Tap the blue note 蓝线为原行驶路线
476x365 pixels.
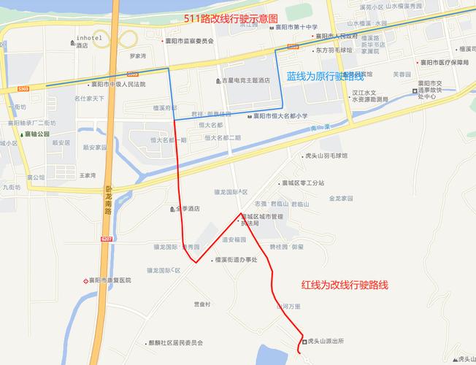point(325,76)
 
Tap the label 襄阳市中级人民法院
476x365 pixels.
point(118,84)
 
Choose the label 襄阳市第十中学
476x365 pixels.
point(296,27)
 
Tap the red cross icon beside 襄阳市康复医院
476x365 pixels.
point(85,280)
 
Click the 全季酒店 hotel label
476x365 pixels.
point(188,209)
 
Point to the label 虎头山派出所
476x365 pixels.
point(326,341)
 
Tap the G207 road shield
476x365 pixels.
point(107,239)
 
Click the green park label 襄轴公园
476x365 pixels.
point(36,134)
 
